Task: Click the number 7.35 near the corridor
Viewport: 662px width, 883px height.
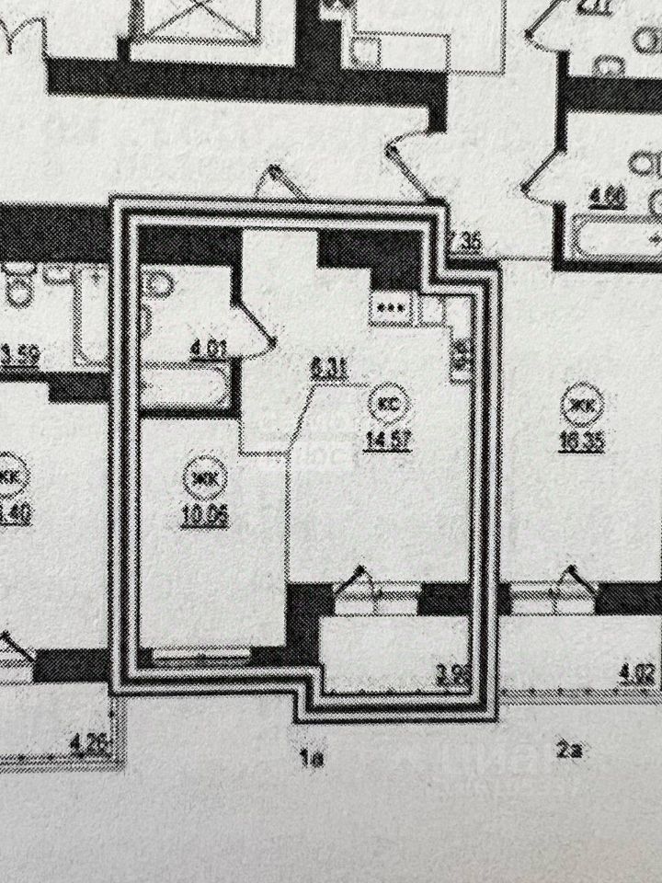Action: click(469, 243)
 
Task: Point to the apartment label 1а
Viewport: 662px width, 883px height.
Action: click(314, 759)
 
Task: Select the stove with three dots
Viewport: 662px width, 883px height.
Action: click(388, 307)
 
